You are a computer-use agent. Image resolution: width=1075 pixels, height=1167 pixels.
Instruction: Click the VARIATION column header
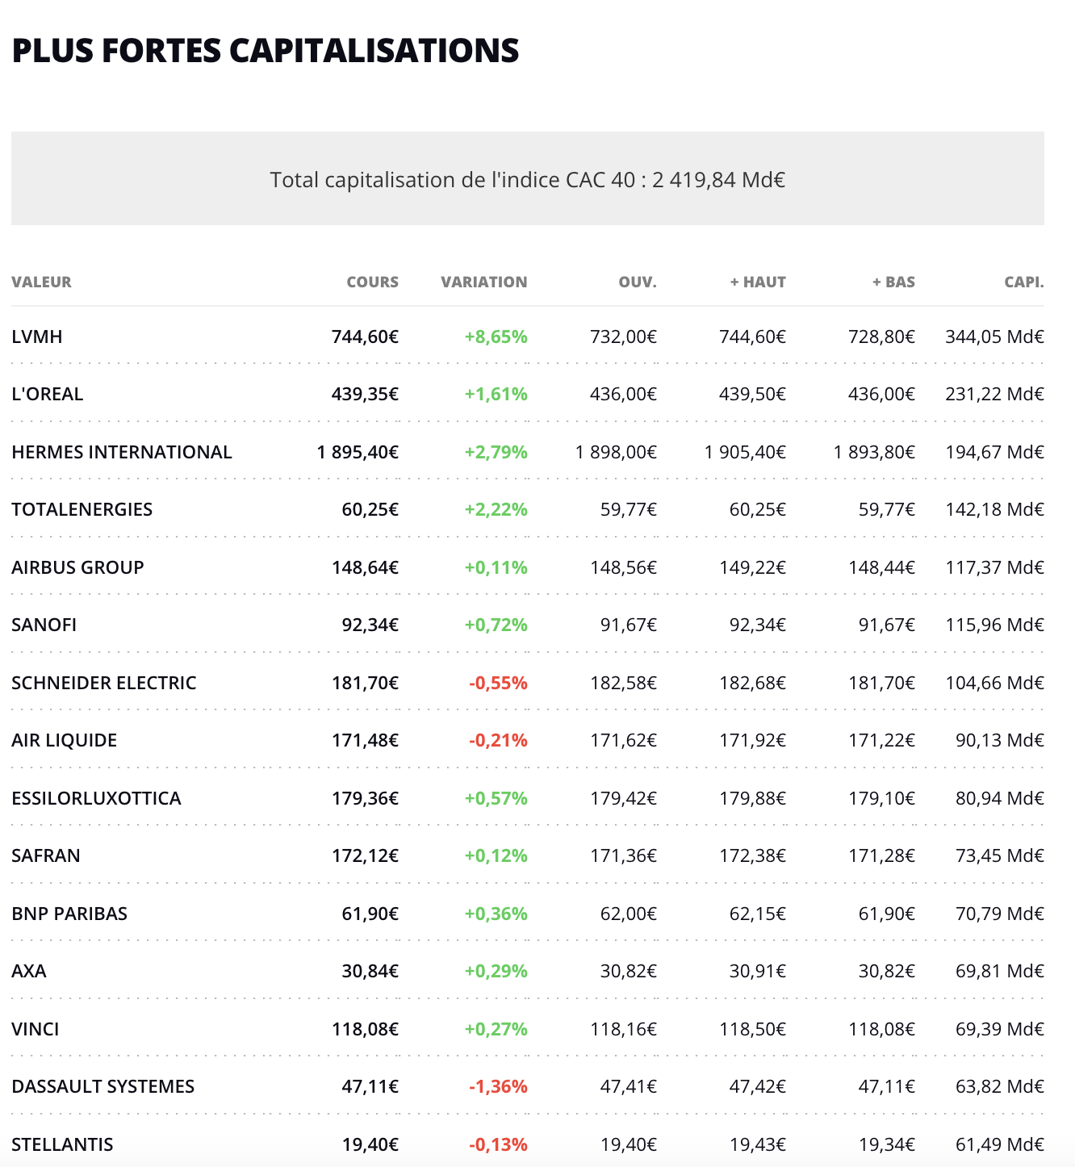483,282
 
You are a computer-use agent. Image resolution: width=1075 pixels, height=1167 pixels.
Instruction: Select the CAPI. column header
1023,282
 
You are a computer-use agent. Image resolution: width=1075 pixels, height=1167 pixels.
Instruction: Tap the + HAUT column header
758,282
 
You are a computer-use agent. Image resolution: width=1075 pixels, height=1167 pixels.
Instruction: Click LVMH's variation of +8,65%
496,337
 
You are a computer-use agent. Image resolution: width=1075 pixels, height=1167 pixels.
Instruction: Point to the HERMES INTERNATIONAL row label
122,452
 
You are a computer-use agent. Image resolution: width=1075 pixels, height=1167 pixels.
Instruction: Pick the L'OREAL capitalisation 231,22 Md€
994,394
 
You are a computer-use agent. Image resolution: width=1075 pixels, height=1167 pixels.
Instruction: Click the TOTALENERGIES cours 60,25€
370,509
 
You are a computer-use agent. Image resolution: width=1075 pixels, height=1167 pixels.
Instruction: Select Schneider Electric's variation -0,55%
498,683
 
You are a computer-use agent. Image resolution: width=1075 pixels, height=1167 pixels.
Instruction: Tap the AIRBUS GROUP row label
77,567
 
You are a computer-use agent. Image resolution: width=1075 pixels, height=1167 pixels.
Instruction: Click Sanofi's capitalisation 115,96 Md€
994,625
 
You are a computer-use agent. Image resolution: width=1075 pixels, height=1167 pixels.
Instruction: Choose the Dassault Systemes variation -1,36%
498,1086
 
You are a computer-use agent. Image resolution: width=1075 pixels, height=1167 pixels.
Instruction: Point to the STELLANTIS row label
62,1144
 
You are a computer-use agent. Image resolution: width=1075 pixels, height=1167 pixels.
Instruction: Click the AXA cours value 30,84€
370,971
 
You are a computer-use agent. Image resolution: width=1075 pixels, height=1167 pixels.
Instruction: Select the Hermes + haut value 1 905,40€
745,452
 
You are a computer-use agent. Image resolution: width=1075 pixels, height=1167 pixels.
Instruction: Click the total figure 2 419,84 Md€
718,179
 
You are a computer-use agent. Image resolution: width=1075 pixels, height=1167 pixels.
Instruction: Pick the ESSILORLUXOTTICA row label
96,798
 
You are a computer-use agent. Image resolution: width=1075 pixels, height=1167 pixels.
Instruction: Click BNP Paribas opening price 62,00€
628,914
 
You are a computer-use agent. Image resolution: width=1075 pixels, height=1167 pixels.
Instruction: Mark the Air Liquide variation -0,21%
498,740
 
